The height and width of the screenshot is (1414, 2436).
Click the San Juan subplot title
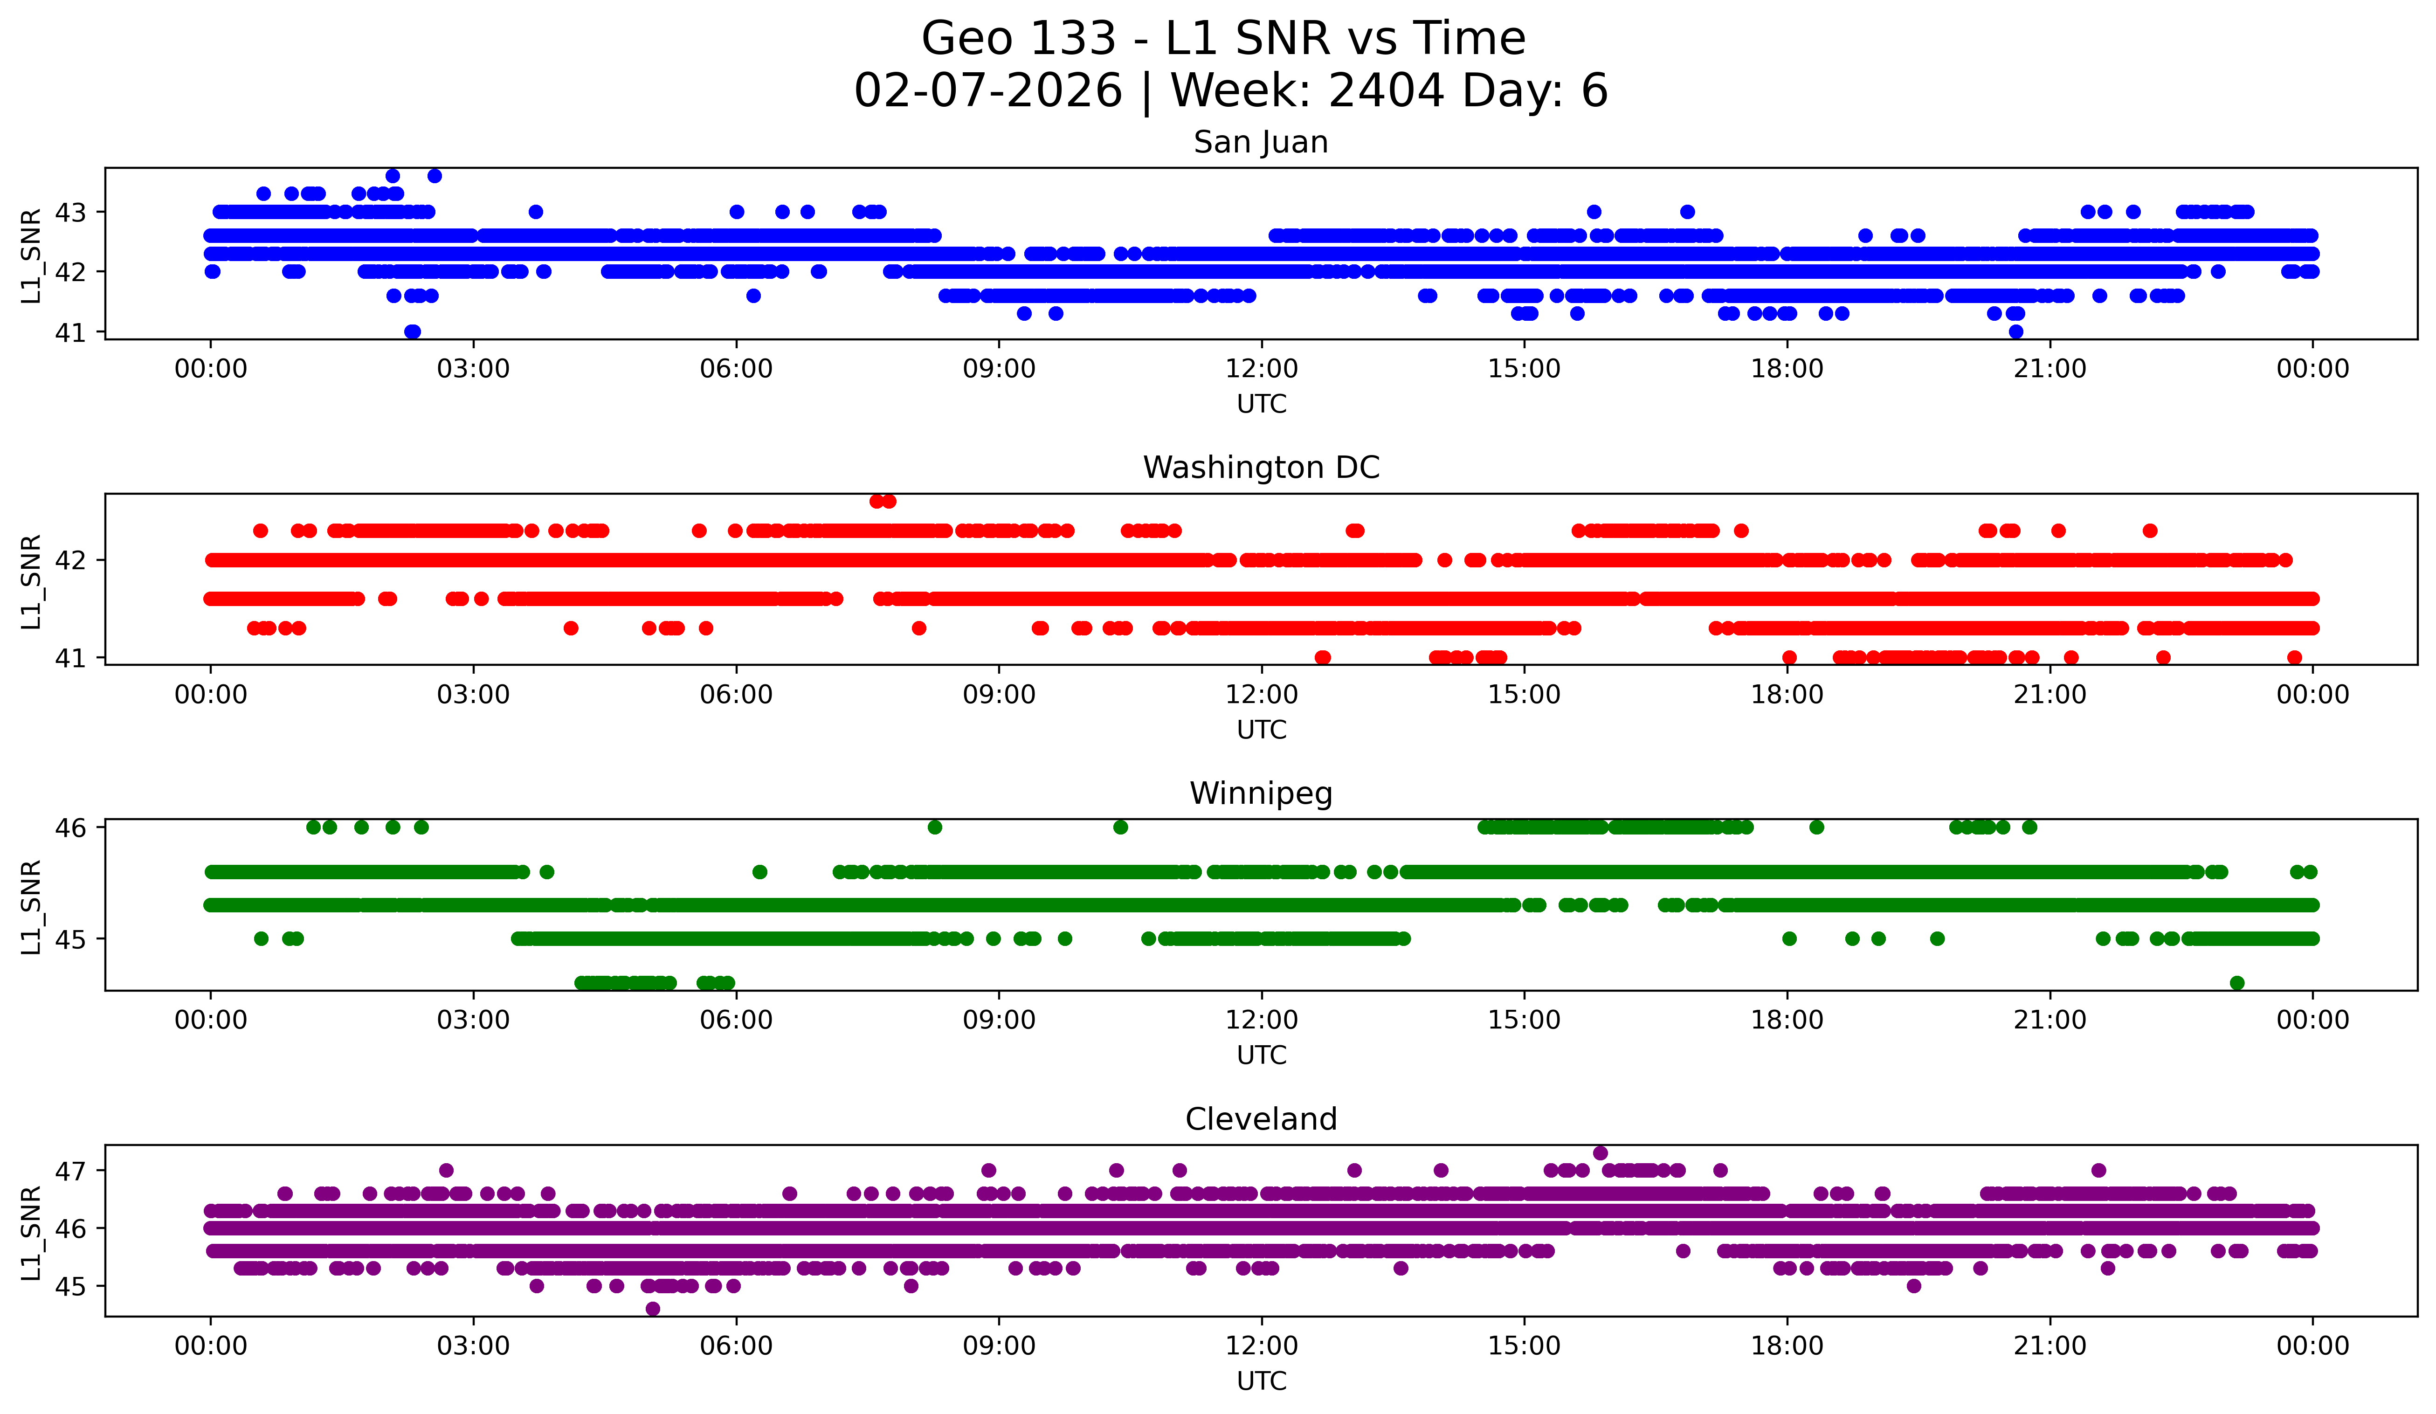pyautogui.click(x=1261, y=142)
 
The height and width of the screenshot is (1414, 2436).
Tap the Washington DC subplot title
pyautogui.click(x=1261, y=468)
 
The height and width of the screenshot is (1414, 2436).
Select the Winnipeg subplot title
pyautogui.click(x=1261, y=793)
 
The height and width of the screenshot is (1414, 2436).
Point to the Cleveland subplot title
pyautogui.click(x=1261, y=1119)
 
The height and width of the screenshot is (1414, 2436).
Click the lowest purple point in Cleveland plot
pyautogui.click(x=653, y=1309)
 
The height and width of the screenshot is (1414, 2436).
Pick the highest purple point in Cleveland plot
pyautogui.click(x=1600, y=1153)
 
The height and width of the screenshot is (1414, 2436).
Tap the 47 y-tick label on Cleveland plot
pyautogui.click(x=69, y=1171)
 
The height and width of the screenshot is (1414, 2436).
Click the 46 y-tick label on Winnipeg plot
pyautogui.click(x=69, y=828)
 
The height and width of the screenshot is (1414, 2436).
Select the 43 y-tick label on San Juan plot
pyautogui.click(x=69, y=212)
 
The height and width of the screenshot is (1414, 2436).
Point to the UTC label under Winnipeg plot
pyautogui.click(x=1262, y=1055)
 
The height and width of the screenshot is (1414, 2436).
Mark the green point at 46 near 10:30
pyautogui.click(x=1120, y=828)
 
